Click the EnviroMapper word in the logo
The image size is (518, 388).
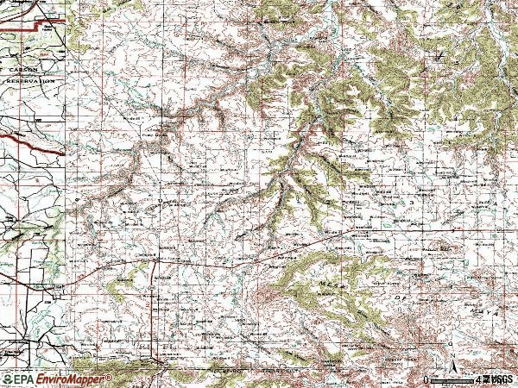73,379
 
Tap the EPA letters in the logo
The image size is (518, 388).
23,379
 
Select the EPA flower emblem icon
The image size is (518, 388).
7,379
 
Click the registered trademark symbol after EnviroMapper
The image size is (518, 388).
111,376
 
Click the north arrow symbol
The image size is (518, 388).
453,362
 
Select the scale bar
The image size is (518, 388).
453,379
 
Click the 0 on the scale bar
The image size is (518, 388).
426,379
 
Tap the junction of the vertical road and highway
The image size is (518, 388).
154,259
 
